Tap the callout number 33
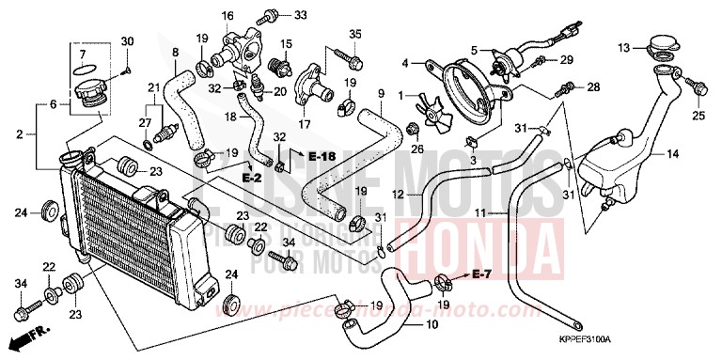[x=300, y=15]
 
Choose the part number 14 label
[x=672, y=153]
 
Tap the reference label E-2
[x=250, y=177]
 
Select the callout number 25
[x=698, y=116]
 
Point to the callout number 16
[x=227, y=16]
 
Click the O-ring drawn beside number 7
[x=82, y=69]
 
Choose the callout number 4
[x=406, y=64]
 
